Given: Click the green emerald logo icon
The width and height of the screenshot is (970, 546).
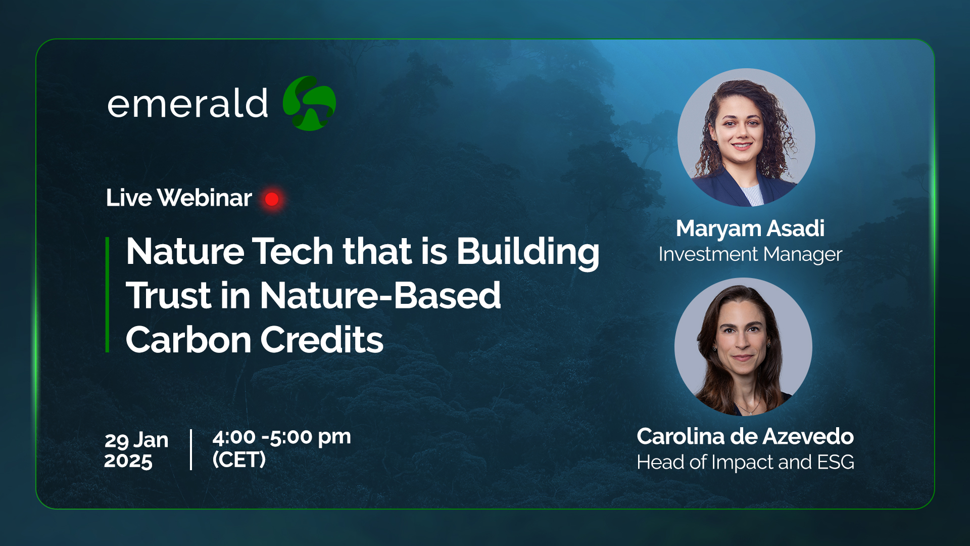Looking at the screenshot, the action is point(309,103).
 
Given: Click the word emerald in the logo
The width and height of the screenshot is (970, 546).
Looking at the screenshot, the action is point(187,103).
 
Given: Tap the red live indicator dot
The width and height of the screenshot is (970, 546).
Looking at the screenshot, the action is point(272,199).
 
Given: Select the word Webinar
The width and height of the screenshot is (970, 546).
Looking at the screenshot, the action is point(205,198).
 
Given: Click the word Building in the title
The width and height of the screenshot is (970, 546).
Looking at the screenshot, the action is point(528,252).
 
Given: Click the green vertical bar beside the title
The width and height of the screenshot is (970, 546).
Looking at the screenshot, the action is point(107,294).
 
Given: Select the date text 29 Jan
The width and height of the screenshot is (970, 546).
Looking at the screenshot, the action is point(136,440).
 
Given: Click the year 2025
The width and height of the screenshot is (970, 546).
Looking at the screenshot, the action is point(128,461).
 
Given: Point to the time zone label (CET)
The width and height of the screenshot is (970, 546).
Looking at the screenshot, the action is point(239,460).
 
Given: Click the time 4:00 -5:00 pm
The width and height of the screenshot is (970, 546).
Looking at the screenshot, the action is point(282,437).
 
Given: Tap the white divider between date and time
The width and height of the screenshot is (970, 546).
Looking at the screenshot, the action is point(191,449).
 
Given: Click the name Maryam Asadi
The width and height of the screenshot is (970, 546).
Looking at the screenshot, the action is point(750,229).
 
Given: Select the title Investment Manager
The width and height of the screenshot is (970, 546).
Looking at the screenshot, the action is point(750,254).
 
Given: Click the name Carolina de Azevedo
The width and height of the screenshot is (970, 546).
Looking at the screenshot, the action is point(745,436).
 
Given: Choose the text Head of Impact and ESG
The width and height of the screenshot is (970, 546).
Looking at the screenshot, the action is point(745,462).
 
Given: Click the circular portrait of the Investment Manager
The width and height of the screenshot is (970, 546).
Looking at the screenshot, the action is point(746,138).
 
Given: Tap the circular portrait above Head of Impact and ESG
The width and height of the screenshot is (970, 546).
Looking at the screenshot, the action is point(743,347).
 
